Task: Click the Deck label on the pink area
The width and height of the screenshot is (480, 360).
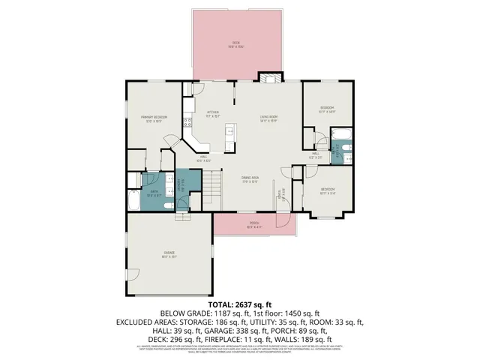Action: click(235, 45)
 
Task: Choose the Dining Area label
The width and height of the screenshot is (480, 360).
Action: click(250, 179)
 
